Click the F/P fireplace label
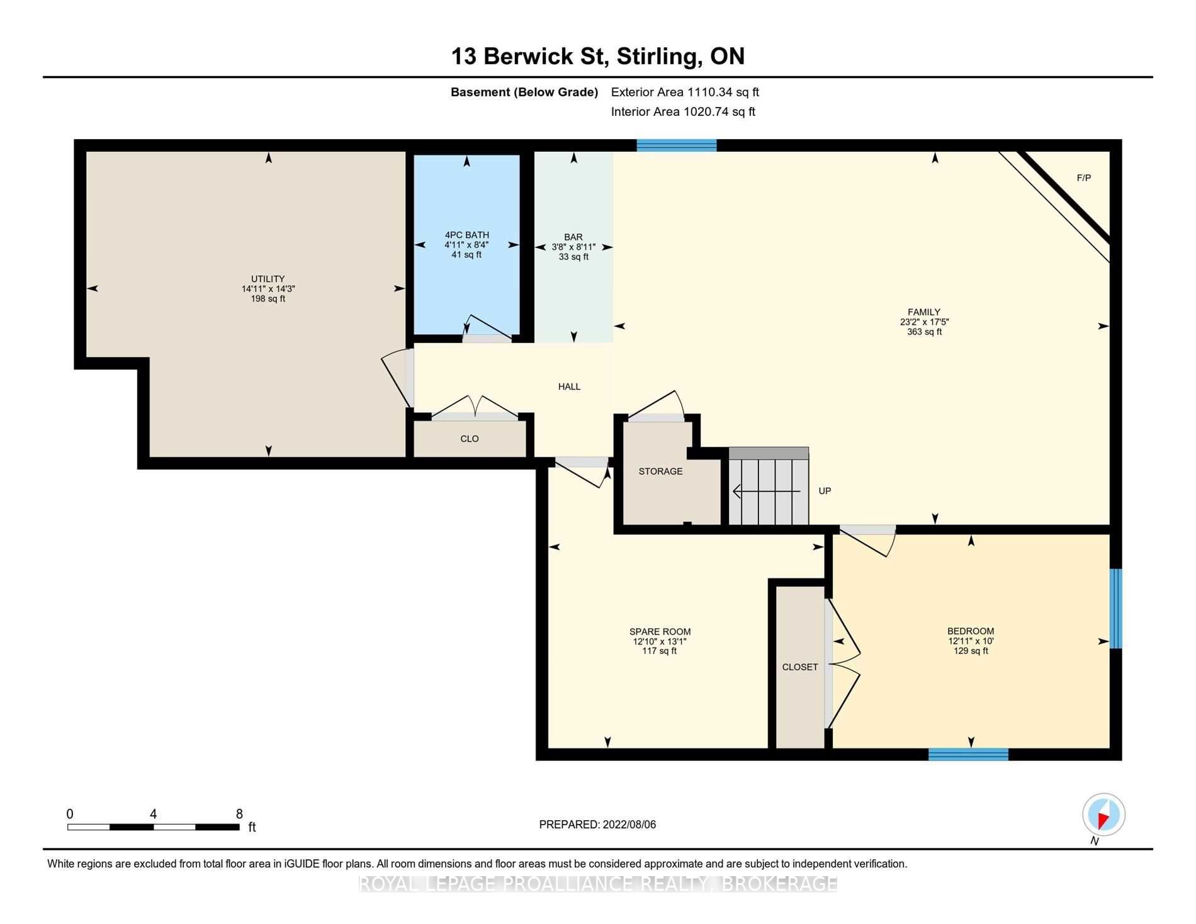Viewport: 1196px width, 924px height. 1083,178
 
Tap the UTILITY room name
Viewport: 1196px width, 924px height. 268,279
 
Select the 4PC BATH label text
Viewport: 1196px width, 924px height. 467,235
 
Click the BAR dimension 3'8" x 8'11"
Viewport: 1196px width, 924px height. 573,247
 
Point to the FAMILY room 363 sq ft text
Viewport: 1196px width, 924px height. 924,332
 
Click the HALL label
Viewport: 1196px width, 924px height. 569,386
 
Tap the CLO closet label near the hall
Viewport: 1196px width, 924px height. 470,439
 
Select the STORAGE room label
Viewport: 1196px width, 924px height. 660,471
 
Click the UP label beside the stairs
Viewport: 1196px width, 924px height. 825,491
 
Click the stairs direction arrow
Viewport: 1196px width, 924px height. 767,491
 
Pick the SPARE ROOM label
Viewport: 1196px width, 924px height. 660,632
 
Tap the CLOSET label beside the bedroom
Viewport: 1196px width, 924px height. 800,667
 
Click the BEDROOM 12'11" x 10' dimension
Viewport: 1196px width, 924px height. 971,641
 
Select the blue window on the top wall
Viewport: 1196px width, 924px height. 676,145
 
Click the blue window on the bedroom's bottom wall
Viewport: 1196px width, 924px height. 968,754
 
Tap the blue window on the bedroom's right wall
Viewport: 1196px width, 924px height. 1115,609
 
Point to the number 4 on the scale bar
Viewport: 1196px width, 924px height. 153,814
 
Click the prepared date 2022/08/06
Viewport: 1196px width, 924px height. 629,825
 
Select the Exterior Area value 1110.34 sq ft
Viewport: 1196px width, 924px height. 723,92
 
